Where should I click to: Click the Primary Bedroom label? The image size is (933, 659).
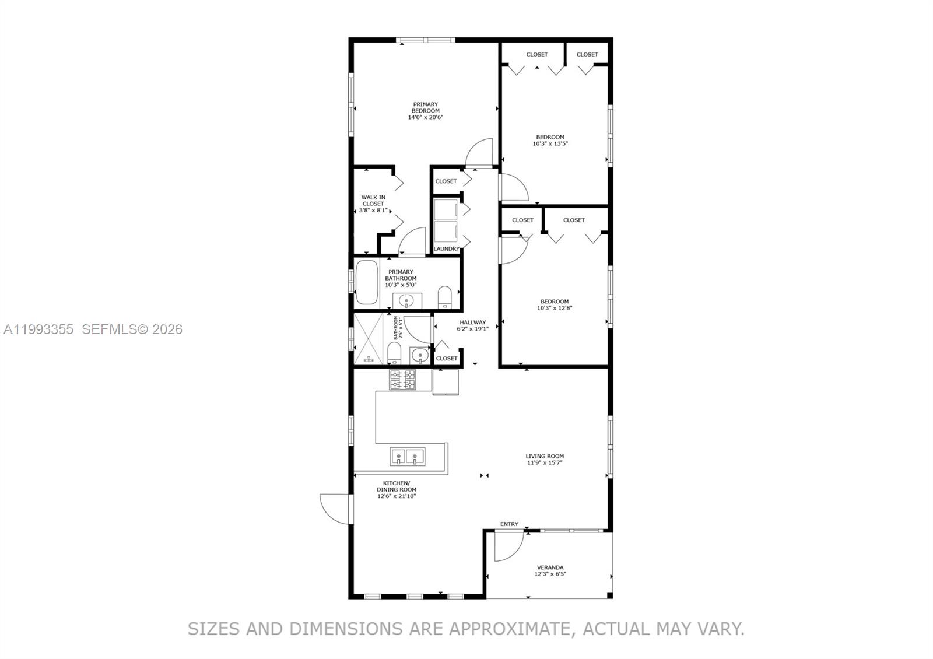click(x=425, y=108)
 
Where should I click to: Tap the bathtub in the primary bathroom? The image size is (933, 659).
click(x=367, y=282)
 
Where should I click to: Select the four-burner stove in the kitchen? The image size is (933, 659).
click(x=402, y=380)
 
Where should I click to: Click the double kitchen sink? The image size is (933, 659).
click(x=407, y=456)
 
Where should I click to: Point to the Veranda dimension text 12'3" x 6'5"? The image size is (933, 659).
click(x=550, y=574)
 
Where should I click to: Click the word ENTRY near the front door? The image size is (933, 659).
click(x=509, y=524)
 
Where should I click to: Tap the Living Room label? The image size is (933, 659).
click(x=544, y=456)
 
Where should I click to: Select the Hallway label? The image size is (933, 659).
click(x=472, y=322)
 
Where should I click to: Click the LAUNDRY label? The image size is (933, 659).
click(x=447, y=249)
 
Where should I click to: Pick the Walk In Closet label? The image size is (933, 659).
click(x=373, y=201)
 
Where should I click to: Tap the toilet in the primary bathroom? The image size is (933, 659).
click(x=445, y=296)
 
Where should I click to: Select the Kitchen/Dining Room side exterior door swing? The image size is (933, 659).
click(x=334, y=507)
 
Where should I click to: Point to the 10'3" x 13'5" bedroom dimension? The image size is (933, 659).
click(x=550, y=143)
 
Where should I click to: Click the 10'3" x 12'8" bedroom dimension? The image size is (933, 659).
click(x=554, y=308)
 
